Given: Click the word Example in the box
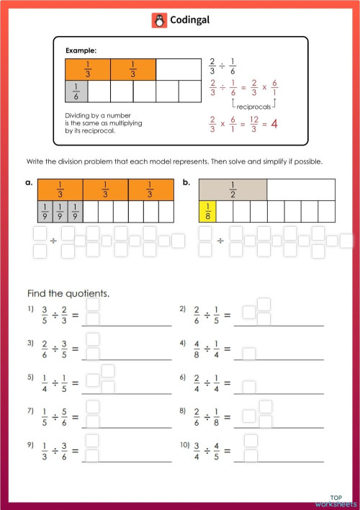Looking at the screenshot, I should (x=81, y=50).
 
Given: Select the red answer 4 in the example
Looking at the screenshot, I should (x=274, y=124).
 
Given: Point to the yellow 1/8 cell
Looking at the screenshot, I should (x=207, y=211).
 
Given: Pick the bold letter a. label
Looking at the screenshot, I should (x=30, y=183).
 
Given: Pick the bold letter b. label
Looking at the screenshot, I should (x=186, y=183).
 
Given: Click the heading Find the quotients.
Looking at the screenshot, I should (x=68, y=294).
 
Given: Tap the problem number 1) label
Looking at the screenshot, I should (x=30, y=309).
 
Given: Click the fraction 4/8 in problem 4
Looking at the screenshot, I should (x=197, y=349).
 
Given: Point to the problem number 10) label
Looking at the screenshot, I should (x=184, y=446).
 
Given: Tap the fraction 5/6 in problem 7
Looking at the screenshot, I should (x=66, y=417).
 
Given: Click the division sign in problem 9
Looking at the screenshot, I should (x=55, y=452).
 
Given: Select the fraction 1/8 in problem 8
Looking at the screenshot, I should (x=215, y=417).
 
